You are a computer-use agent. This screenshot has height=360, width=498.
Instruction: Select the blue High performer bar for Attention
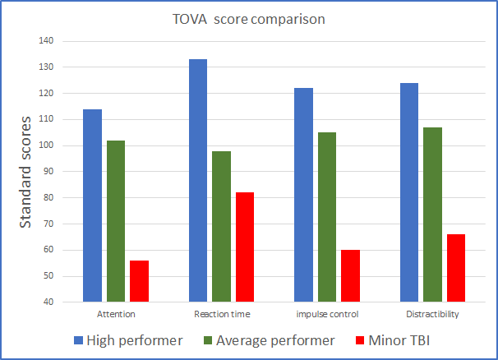click(92, 205)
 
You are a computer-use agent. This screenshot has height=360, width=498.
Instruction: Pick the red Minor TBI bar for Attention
click(139, 281)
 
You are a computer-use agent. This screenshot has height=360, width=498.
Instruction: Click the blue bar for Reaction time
click(198, 181)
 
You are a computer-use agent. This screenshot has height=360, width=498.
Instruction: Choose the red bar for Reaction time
click(245, 247)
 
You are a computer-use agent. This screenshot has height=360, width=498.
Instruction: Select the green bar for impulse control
click(327, 217)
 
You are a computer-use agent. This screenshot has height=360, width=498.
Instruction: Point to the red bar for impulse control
click(350, 276)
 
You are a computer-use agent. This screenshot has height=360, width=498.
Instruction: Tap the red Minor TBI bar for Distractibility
click(455, 268)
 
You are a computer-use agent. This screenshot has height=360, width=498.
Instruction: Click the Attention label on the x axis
click(116, 315)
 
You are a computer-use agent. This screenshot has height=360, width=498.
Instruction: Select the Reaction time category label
click(222, 315)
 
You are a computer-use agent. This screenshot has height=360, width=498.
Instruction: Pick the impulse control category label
click(327, 315)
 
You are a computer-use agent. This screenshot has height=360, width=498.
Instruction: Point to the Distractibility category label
click(432, 315)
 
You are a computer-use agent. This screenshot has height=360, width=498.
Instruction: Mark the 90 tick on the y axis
click(48, 172)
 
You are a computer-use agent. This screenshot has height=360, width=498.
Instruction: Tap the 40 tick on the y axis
click(48, 302)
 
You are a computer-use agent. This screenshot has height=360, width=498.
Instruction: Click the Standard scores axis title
click(25, 172)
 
